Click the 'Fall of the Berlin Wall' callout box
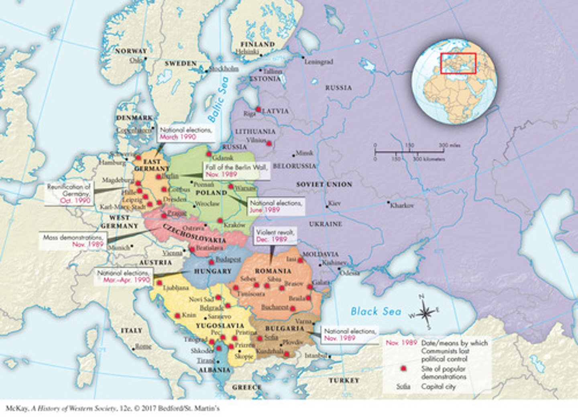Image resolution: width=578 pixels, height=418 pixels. pyautogui.click(x=236, y=171)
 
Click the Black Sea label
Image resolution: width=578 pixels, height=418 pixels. pyautogui.click(x=376, y=311)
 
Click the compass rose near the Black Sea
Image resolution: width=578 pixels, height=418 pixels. pyautogui.click(x=425, y=313)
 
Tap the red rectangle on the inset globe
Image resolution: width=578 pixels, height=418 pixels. pyautogui.click(x=458, y=63)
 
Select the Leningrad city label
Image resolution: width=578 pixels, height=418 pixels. pyautogui.click(x=319, y=62)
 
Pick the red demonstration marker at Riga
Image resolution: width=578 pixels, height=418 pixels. pyautogui.click(x=259, y=110)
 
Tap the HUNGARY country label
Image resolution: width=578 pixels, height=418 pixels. pyautogui.click(x=213, y=271)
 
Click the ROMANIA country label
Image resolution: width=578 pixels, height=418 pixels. pyautogui.click(x=273, y=271)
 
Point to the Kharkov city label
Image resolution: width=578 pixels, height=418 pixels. pyautogui.click(x=402, y=205)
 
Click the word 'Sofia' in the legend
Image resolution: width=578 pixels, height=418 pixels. pyautogui.click(x=403, y=387)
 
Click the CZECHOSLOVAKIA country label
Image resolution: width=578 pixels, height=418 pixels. pyautogui.click(x=194, y=233)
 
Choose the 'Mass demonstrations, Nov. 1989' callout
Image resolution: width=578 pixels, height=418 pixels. pyautogui.click(x=74, y=241)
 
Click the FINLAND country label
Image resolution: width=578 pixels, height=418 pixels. pyautogui.click(x=257, y=44)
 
